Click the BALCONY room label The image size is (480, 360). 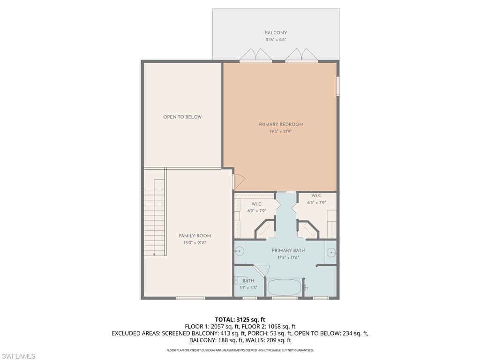click(276, 33)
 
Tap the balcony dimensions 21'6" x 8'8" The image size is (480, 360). click(276, 40)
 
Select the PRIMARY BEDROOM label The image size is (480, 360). click(281, 124)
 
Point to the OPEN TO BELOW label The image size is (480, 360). click(182, 117)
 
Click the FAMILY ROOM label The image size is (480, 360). click(195, 236)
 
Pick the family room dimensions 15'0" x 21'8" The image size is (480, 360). click(195, 243)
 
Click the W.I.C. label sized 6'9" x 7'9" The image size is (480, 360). click(256, 204)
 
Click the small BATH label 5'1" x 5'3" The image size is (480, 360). click(248, 281)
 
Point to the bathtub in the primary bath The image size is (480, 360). click(285, 287)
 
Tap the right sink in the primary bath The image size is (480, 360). click(331, 253)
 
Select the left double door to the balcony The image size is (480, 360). click(255, 55)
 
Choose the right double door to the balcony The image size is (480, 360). click(301, 55)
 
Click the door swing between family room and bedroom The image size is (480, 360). click(238, 181)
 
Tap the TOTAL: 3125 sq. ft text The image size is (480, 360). click(240, 320)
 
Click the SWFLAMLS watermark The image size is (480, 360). click(18, 357)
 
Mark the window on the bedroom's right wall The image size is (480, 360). click(338, 87)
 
